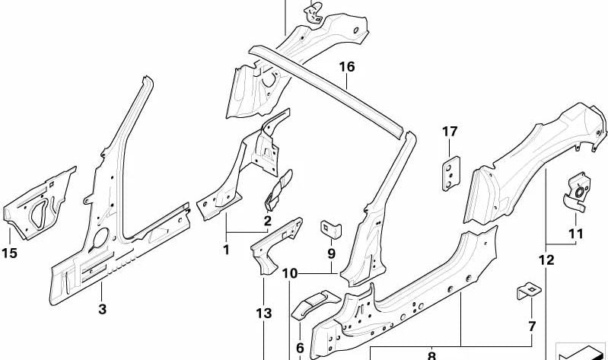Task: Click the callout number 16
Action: click(x=347, y=67)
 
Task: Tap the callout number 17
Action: click(x=450, y=132)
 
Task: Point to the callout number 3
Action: click(x=103, y=309)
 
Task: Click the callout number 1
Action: click(x=225, y=249)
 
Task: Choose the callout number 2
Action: click(x=267, y=221)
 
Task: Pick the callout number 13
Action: click(x=263, y=314)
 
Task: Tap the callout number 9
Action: click(x=332, y=253)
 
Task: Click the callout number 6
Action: click(x=300, y=349)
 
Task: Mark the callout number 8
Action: click(x=431, y=355)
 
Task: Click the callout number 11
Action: click(x=575, y=233)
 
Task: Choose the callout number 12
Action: click(x=546, y=260)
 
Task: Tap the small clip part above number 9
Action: click(x=331, y=227)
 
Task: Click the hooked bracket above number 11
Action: click(x=575, y=190)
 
